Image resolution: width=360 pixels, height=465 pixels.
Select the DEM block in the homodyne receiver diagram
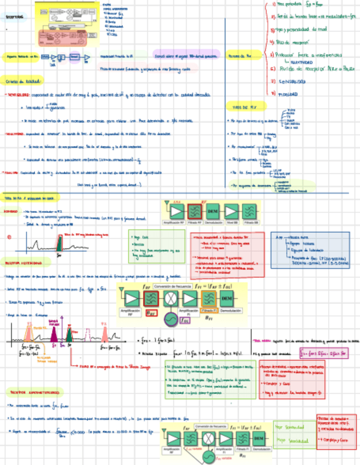tap(213, 211)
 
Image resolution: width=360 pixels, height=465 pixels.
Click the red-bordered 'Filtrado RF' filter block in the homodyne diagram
tap(195, 211)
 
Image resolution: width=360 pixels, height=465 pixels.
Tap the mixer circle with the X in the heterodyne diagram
tap(171, 298)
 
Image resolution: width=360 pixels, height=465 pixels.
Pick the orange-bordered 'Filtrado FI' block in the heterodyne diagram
tap(209, 298)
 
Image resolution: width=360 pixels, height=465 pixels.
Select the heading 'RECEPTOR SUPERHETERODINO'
tap(36, 392)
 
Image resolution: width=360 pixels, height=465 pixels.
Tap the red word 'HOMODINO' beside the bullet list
tap(12, 211)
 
